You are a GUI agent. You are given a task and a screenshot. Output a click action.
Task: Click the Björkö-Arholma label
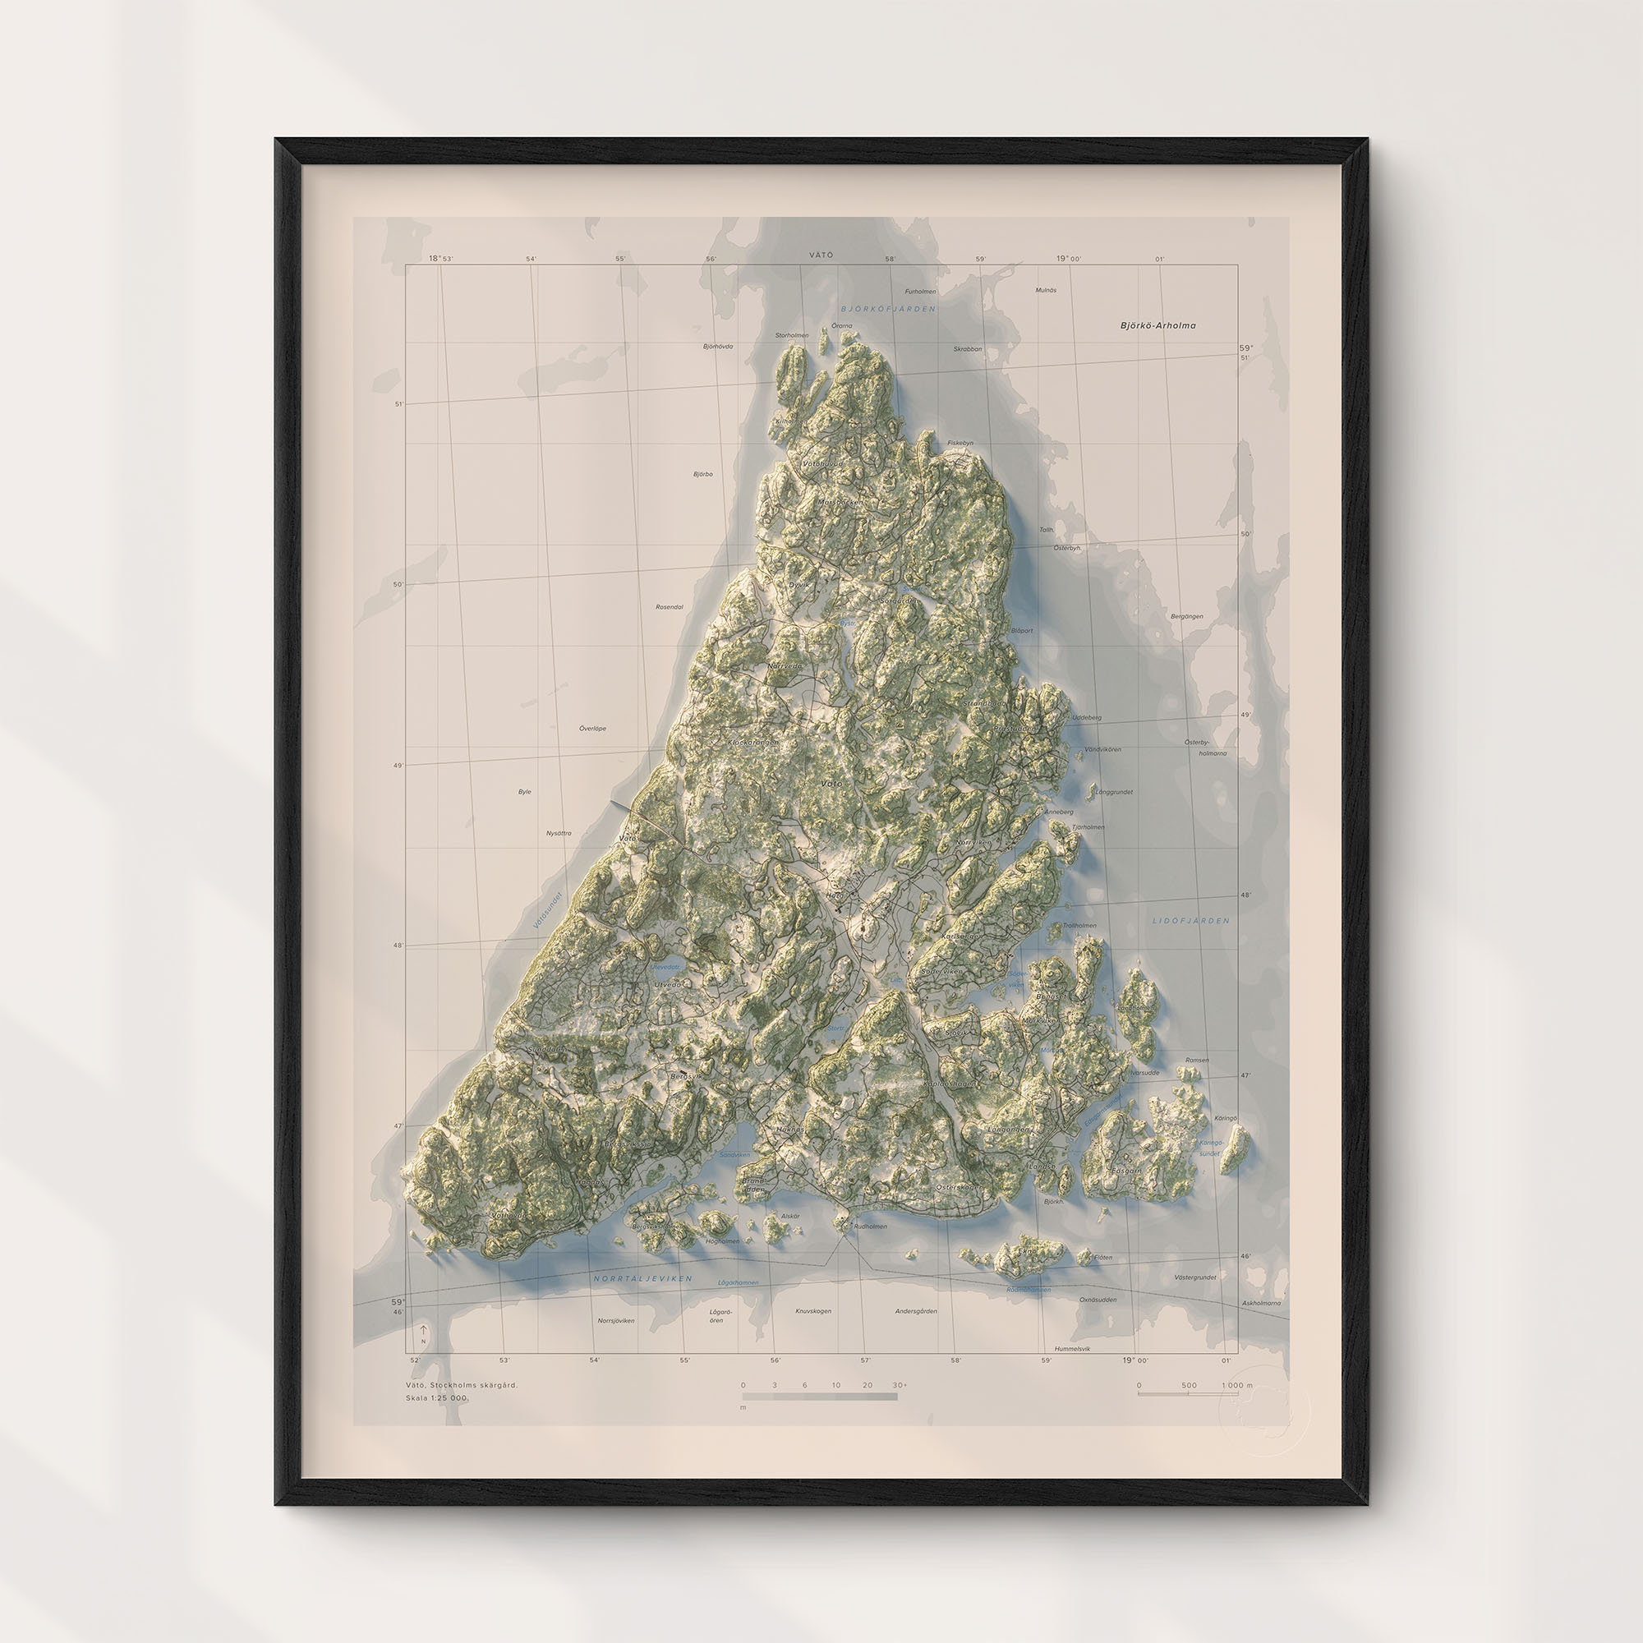[x=1157, y=325]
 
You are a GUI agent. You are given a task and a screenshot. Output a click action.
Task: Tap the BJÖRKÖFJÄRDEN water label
[x=887, y=310]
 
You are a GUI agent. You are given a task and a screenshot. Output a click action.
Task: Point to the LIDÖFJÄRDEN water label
[x=1190, y=921]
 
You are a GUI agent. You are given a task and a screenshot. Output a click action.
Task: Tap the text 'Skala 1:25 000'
[x=436, y=1398]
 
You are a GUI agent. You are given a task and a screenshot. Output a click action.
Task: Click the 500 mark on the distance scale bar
[x=1189, y=1385]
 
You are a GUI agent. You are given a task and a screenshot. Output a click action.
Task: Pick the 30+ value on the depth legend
[x=900, y=1385]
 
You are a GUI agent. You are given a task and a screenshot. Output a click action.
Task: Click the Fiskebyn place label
[x=960, y=443]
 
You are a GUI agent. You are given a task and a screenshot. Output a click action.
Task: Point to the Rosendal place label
[x=670, y=607]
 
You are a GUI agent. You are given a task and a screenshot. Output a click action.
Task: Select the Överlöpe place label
[x=593, y=729]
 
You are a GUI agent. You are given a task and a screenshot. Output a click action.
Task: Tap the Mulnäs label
[x=1046, y=290]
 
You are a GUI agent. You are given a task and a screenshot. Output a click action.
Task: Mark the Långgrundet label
[x=1114, y=792]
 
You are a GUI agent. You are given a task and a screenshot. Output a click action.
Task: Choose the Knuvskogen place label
[x=813, y=1311]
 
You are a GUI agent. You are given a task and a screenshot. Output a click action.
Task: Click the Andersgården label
[x=916, y=1311]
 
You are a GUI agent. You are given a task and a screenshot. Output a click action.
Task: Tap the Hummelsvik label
[x=1071, y=1349]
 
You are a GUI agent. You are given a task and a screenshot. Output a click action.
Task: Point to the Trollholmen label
[x=1079, y=925]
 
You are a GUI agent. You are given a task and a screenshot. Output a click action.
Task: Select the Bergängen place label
[x=1186, y=617]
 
